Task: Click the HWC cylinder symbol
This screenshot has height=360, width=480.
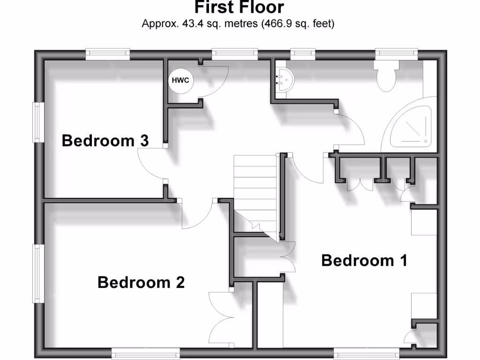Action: click(x=180, y=80)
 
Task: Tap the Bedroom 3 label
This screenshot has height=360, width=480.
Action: click(x=105, y=141)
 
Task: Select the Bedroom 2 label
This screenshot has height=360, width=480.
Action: click(x=141, y=283)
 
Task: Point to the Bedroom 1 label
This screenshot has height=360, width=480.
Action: click(x=364, y=260)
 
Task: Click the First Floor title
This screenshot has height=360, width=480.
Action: click(x=239, y=8)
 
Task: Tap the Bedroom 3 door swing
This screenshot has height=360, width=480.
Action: click(x=151, y=164)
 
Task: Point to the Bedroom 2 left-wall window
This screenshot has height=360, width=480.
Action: click(x=36, y=273)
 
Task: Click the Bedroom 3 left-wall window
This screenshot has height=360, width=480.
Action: click(x=36, y=122)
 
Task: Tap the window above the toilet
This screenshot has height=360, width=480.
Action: click(x=396, y=54)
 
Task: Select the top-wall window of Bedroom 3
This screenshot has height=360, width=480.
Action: click(x=108, y=54)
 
